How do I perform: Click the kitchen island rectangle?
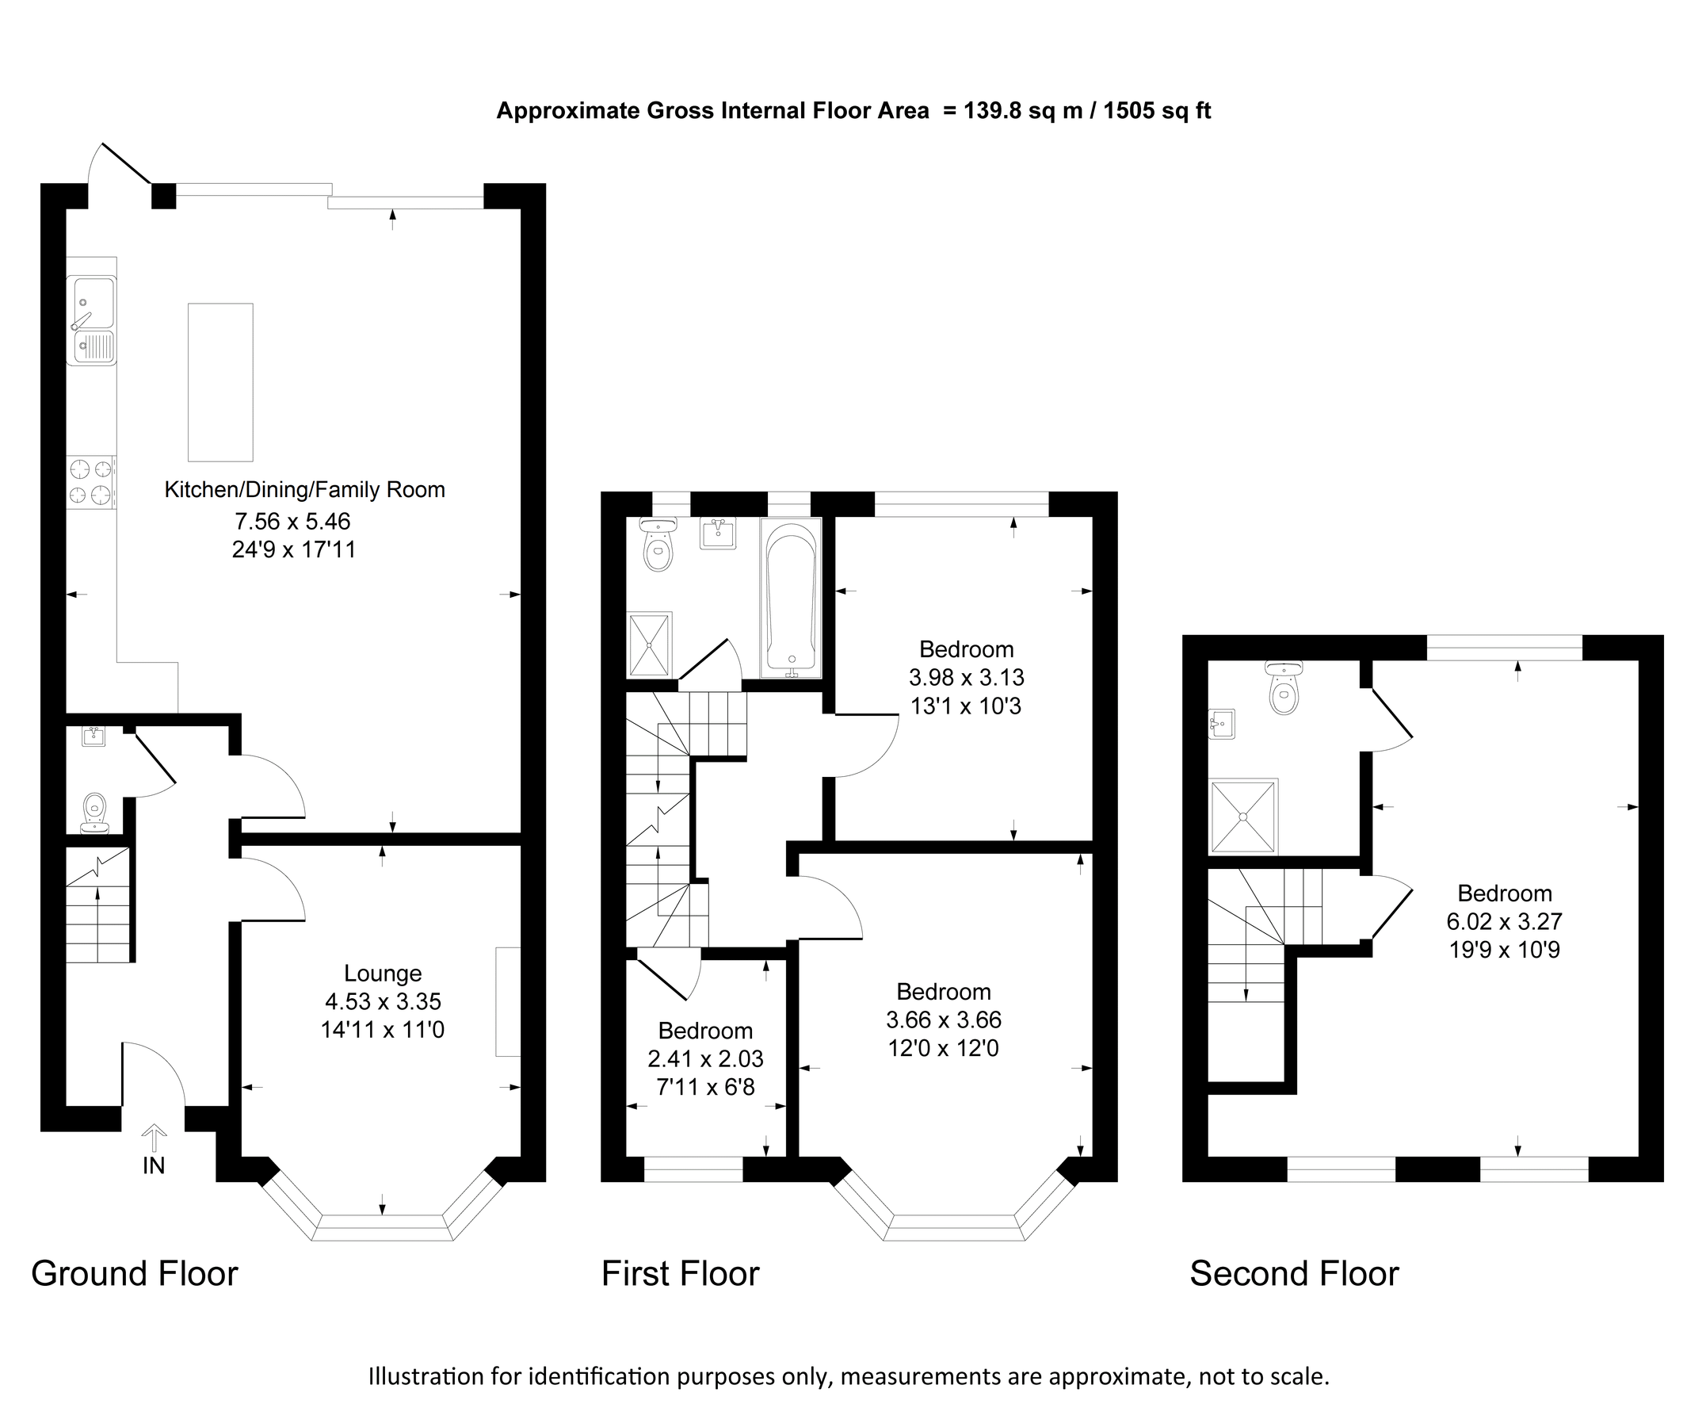[220, 382]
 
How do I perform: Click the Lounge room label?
[383, 973]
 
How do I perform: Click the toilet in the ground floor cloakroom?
[95, 812]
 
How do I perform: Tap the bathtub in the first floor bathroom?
[791, 599]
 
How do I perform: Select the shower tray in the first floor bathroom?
[650, 645]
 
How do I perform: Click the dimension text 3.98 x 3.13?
[966, 677]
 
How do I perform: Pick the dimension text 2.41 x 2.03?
[705, 1058]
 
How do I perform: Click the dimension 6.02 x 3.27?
[1505, 920]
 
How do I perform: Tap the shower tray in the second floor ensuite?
[1243, 816]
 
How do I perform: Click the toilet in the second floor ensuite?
[1284, 689]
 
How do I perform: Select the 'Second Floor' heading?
[1294, 1273]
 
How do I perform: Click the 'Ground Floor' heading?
[135, 1273]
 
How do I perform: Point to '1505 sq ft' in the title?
[1157, 110]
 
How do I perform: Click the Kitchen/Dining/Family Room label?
[304, 489]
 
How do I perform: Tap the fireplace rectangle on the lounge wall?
[509, 1001]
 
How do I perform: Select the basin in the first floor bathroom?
[718, 534]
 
